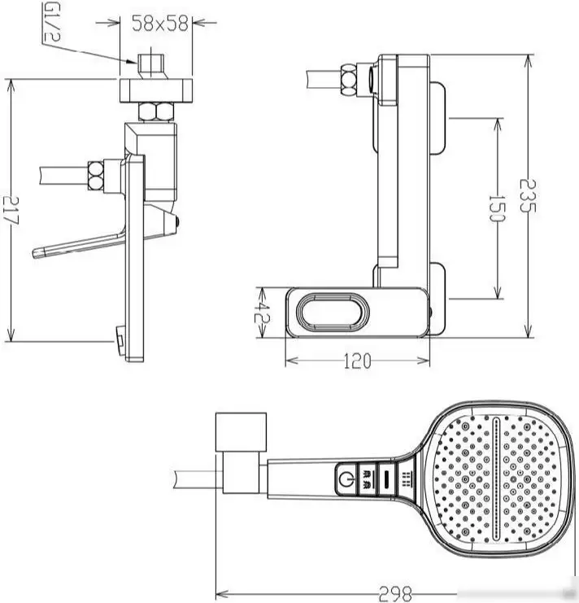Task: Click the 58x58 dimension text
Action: click(x=160, y=24)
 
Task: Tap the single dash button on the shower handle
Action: click(x=386, y=478)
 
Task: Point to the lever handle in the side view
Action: click(x=77, y=246)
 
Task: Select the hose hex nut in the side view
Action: click(x=95, y=177)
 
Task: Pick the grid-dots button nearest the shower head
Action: click(x=405, y=478)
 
